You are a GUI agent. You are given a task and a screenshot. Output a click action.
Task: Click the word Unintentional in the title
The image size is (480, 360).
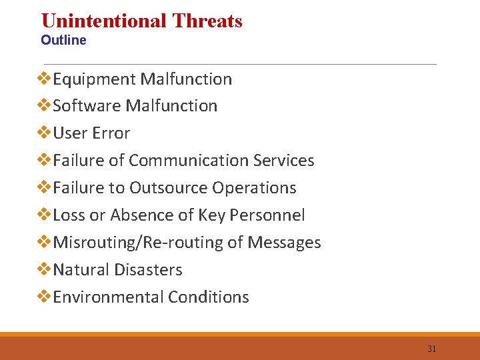[104, 21]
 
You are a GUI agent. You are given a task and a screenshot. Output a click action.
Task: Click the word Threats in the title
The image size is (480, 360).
[207, 21]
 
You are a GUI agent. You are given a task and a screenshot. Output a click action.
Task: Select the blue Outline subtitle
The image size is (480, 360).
[63, 40]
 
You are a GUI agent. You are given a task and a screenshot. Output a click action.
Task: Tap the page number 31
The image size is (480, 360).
[431, 349]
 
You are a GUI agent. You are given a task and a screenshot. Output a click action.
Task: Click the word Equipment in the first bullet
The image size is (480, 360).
[94, 79]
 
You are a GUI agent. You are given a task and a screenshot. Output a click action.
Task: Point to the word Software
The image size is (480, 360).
[87, 106]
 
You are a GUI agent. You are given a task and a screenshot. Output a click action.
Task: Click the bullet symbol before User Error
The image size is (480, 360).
[44, 133]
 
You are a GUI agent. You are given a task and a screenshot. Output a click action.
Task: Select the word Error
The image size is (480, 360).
[111, 133]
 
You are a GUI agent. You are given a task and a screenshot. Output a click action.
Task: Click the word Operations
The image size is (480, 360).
[254, 188]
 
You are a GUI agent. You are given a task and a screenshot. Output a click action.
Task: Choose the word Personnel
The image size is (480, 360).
[267, 215]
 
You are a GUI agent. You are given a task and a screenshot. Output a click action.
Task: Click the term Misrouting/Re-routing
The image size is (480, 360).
[138, 243]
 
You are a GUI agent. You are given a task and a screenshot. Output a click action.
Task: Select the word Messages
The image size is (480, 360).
[284, 243]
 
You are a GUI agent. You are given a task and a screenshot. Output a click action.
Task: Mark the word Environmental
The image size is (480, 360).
[108, 297]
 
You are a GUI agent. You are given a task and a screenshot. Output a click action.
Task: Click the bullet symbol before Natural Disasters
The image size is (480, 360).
[44, 270]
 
